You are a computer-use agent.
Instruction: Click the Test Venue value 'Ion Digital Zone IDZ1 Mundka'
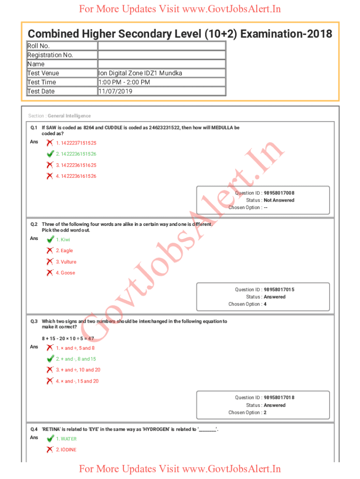tap(140, 73)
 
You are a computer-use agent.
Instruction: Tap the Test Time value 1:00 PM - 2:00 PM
tap(124, 82)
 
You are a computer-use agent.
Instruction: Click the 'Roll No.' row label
tap(38, 46)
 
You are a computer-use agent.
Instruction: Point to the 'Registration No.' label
tap(50, 55)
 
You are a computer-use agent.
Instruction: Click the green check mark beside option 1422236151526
tap(50, 154)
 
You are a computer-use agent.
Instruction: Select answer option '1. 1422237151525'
tap(76, 143)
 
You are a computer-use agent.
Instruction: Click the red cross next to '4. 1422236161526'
tap(50, 176)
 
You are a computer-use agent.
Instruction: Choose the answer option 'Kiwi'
tap(63, 239)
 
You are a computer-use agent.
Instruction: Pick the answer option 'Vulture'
tap(66, 262)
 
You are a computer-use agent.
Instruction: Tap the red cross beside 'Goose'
tap(50, 273)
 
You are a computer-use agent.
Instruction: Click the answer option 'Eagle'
tap(65, 251)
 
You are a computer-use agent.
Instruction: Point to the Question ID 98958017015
tap(279, 290)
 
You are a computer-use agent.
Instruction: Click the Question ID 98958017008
tap(279, 193)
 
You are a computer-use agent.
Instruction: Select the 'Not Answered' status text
tap(279, 200)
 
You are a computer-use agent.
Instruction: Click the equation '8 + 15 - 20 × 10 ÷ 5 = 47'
tap(68, 338)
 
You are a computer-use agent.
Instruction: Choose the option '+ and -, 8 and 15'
tap(76, 359)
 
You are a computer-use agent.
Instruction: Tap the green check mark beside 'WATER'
tap(50, 439)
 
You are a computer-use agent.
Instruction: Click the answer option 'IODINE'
tap(66, 450)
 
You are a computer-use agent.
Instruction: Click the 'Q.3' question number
tap(34, 321)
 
